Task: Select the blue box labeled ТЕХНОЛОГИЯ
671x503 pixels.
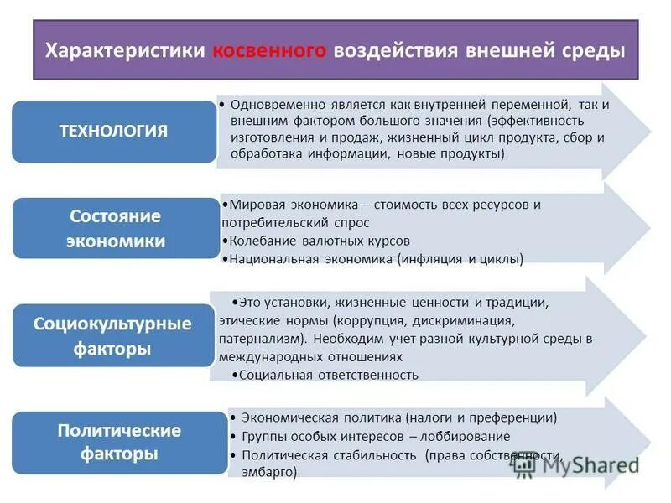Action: click(x=113, y=132)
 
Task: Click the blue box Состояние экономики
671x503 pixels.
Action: click(x=116, y=229)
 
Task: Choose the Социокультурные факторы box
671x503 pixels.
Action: click(x=112, y=336)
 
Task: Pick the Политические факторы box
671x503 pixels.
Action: click(x=119, y=443)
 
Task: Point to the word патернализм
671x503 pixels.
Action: click(x=255, y=339)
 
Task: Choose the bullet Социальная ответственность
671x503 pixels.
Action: click(x=328, y=375)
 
